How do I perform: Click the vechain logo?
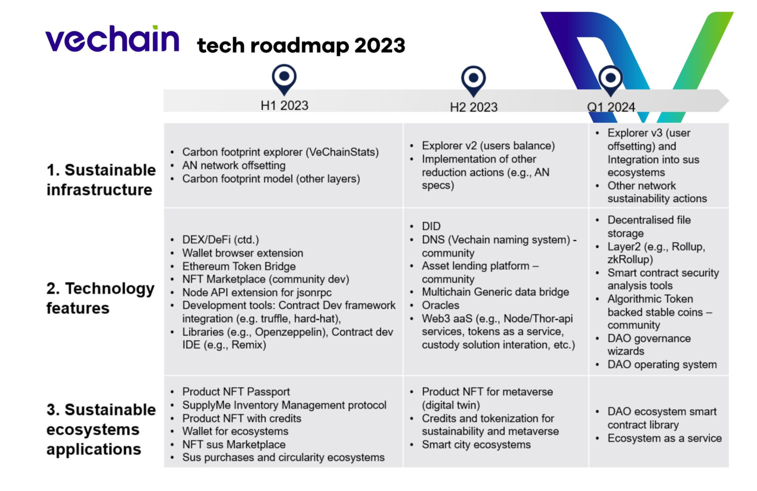click(112, 39)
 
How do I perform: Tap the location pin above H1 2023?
click(284, 77)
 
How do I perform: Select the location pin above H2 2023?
click(473, 79)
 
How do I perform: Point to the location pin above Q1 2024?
click(610, 79)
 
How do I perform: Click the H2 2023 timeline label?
click(474, 107)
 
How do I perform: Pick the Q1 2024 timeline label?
click(611, 107)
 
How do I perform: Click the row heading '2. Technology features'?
click(100, 298)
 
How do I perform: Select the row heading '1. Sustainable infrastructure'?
click(101, 179)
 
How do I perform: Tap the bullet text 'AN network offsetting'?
click(234, 166)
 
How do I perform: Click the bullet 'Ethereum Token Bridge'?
click(239, 266)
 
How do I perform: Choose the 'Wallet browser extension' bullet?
click(242, 253)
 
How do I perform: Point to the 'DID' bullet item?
click(431, 226)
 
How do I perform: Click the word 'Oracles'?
click(440, 305)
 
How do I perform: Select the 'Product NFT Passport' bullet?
click(236, 391)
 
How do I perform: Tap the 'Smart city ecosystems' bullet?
click(476, 445)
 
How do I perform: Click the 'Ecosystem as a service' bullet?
click(664, 438)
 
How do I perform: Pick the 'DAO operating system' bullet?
click(662, 365)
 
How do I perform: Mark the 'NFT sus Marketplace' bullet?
click(234, 444)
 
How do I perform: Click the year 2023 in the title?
click(379, 46)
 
